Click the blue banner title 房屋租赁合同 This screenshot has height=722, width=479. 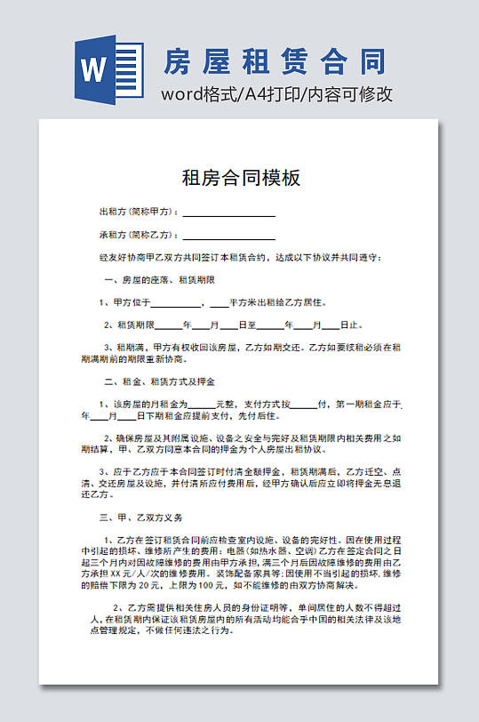pyautogui.click(x=275, y=61)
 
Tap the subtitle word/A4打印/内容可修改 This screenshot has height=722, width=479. pyautogui.click(x=276, y=95)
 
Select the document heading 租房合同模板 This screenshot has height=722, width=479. pyautogui.click(x=241, y=178)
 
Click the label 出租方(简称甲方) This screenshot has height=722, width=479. pyautogui.click(x=139, y=213)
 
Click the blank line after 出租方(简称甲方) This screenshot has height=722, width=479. pyautogui.click(x=228, y=214)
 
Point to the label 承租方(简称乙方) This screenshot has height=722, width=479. pyautogui.click(x=139, y=236)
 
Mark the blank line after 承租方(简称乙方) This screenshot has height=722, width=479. pyautogui.click(x=228, y=237)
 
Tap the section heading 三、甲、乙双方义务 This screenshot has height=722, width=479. pyautogui.click(x=142, y=517)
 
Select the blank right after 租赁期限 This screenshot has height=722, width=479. pyautogui.click(x=168, y=326)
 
